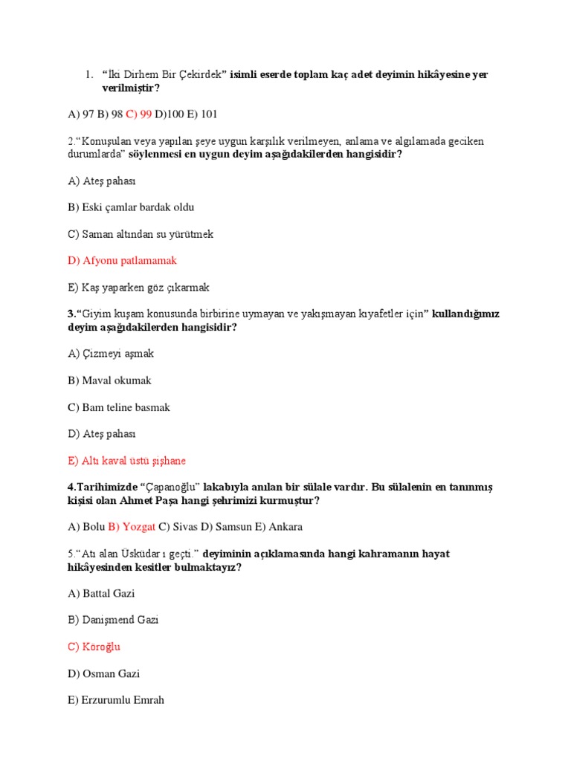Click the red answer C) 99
[138, 114]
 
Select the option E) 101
[203, 114]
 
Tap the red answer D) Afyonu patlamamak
[122, 261]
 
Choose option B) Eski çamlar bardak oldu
[130, 207]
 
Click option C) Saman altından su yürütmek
[140, 234]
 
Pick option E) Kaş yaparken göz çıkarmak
[138, 288]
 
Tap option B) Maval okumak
[109, 380]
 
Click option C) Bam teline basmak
[118, 407]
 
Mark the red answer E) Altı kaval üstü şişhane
[126, 461]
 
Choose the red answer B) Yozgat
[132, 527]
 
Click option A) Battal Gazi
[100, 594]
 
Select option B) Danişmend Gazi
[112, 620]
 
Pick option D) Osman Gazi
[103, 674]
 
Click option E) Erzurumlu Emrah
[115, 701]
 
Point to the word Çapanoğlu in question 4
[168, 487]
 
